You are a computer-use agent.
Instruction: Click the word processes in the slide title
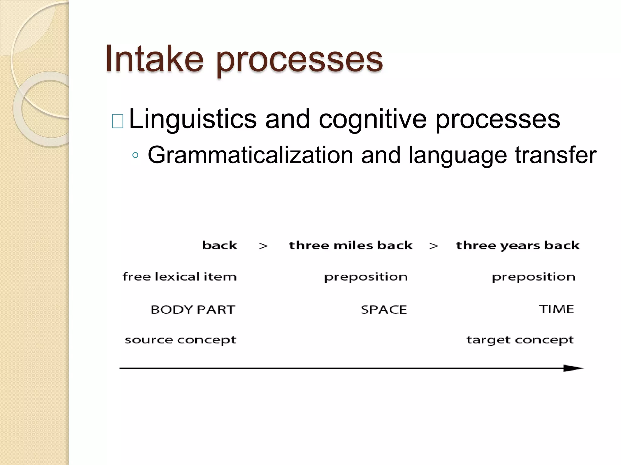(299, 60)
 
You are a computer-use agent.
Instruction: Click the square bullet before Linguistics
(118, 121)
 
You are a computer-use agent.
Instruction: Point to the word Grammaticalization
(250, 155)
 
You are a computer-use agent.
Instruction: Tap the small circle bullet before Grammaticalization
(136, 156)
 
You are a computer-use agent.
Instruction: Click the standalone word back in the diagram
(220, 245)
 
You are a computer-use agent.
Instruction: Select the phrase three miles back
(351, 245)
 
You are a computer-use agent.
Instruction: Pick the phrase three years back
(518, 246)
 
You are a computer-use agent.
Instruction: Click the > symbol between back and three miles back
(263, 246)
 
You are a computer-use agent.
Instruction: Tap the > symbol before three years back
(434, 246)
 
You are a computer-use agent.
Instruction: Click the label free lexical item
(180, 277)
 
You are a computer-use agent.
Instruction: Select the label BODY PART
(193, 309)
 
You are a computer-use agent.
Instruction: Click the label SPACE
(384, 309)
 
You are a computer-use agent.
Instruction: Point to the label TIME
(556, 309)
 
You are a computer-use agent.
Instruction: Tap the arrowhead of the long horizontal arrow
(573, 368)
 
